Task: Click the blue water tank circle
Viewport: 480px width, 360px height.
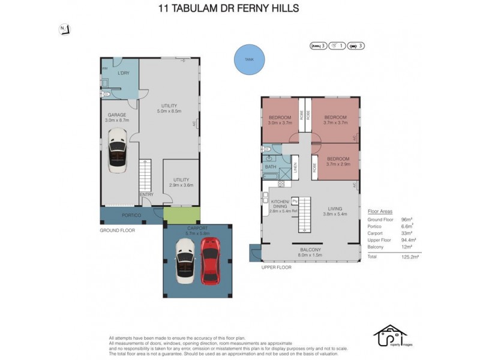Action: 248,59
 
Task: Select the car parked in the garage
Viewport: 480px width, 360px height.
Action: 118,150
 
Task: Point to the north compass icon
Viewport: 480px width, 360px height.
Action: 64,29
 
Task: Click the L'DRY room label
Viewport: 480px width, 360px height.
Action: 124,73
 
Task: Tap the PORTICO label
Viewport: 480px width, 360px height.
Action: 131,215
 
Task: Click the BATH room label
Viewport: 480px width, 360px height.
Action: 271,167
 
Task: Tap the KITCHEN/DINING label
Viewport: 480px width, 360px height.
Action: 281,205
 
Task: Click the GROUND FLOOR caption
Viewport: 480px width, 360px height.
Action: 118,230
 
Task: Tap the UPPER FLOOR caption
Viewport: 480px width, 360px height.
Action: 276,267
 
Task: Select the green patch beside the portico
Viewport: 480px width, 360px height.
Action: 181,215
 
